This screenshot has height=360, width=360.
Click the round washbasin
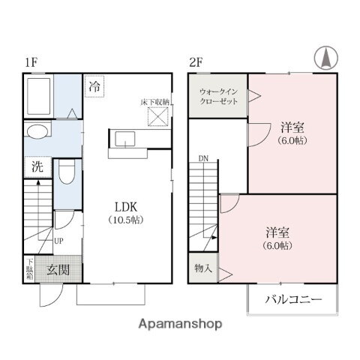pos(35,132)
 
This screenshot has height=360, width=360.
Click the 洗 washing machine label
pos(36,167)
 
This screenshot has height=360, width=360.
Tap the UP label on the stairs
pos(58,241)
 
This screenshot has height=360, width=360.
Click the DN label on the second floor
pos(204,158)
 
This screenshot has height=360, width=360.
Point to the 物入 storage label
pos(202,267)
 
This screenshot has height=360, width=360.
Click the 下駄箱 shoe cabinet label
pos(29,269)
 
